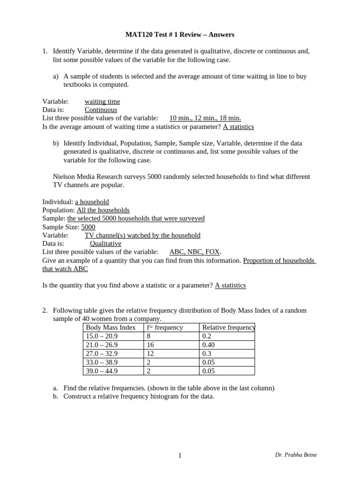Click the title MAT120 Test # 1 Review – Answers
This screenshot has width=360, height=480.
[180, 35]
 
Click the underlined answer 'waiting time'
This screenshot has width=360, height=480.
[102, 101]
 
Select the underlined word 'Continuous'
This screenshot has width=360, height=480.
[101, 110]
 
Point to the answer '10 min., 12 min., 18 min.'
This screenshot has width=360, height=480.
[205, 118]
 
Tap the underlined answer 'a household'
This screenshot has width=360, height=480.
[92, 202]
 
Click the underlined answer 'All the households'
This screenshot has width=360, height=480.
[103, 210]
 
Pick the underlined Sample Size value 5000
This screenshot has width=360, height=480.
[88, 227]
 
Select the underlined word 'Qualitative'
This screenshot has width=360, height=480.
[105, 244]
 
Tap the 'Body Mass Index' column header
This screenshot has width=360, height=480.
[111, 327]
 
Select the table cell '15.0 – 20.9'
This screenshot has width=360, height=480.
[102, 336]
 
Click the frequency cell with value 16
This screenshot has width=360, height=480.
[151, 345]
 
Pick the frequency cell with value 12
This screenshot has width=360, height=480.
[151, 353]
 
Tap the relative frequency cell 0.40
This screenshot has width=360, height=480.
[209, 345]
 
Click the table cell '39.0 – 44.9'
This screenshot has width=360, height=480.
[102, 371]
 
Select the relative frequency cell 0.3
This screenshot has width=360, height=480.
[207, 353]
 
